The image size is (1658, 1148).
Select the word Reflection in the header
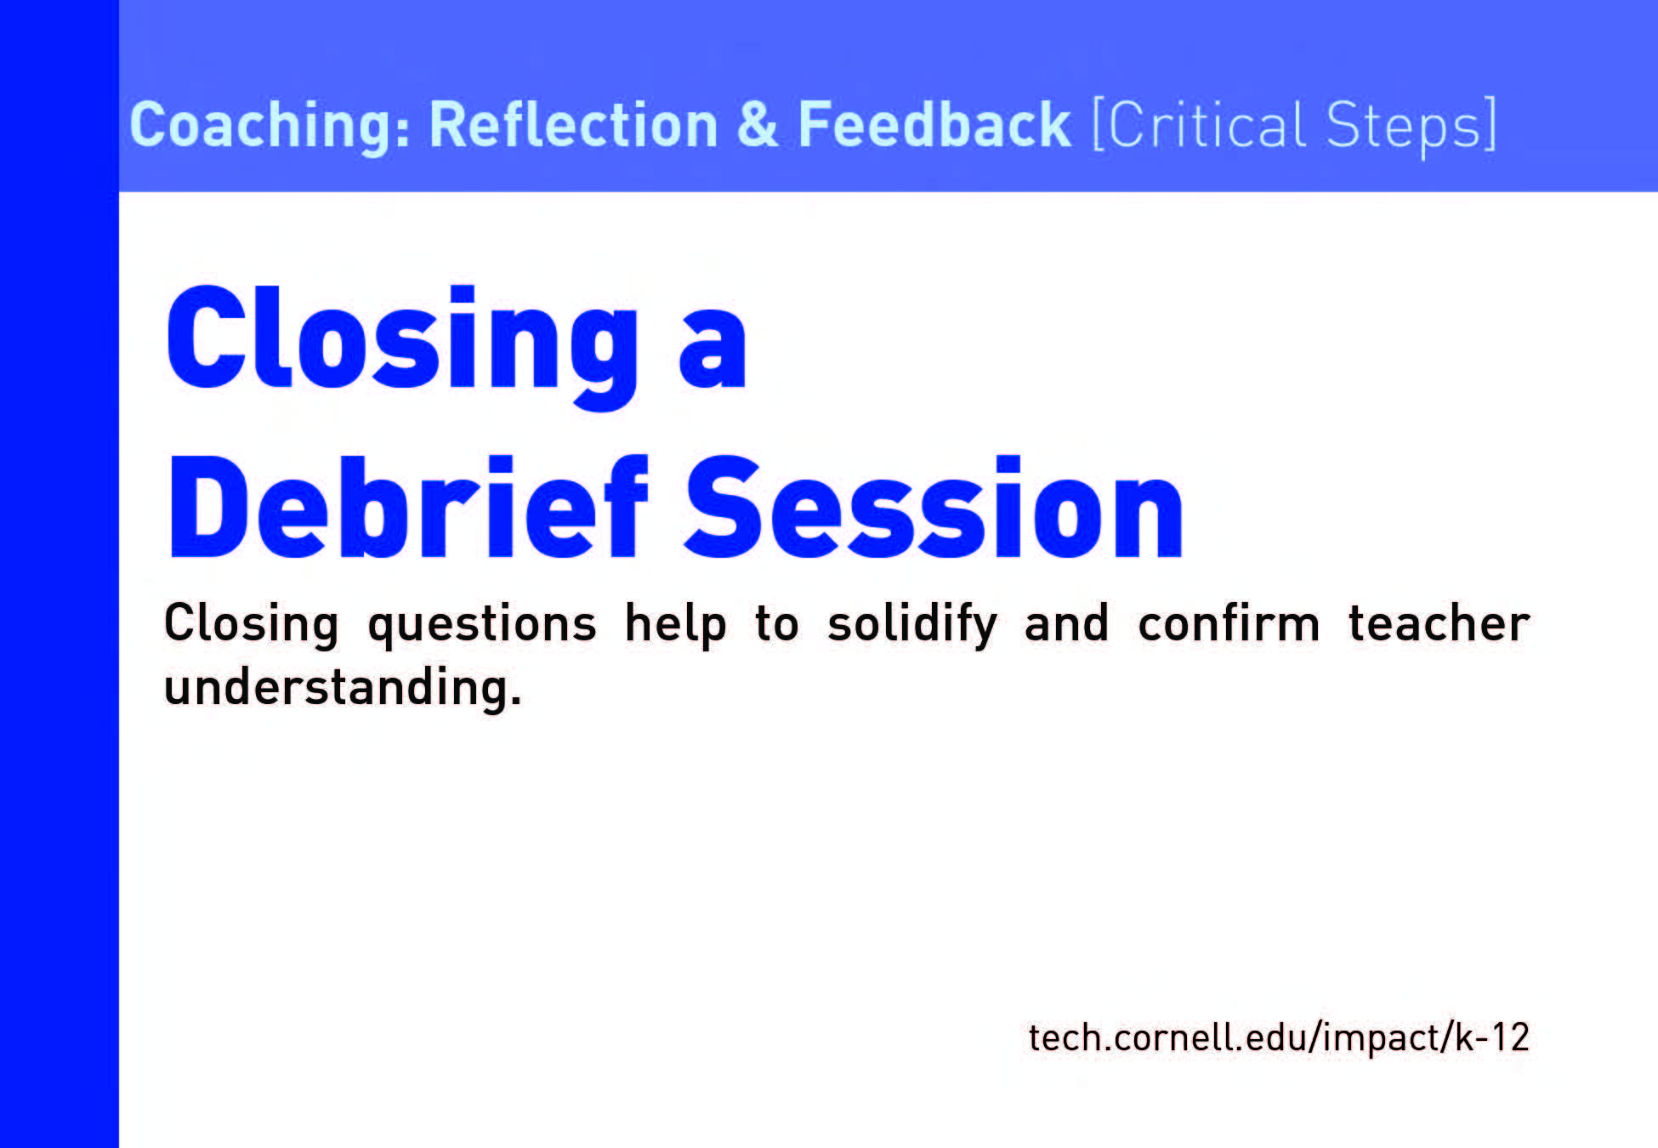click(574, 124)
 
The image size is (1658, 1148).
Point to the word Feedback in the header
click(934, 124)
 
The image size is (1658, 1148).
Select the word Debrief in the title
click(409, 507)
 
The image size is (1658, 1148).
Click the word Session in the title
click(934, 507)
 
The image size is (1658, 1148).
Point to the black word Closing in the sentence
click(251, 625)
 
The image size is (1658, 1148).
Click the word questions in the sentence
click(482, 626)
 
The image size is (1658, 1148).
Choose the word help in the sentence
click(676, 625)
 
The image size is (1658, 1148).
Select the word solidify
click(912, 625)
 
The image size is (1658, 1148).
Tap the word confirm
click(1229, 622)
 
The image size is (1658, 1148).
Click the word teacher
click(1439, 623)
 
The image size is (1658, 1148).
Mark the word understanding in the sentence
click(343, 687)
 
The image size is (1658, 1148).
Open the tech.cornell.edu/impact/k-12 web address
click(1279, 1037)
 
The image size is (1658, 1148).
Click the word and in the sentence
click(1066, 622)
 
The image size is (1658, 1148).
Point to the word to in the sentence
click(777, 624)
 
